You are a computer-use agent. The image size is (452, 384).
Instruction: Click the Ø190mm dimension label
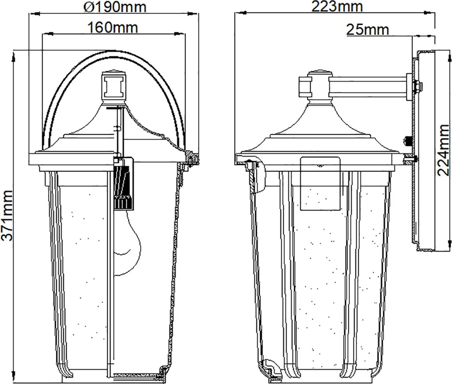coord(115,7)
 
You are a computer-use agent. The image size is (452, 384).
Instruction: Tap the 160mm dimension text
coord(113,27)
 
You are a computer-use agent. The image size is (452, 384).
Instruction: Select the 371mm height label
coord(7,216)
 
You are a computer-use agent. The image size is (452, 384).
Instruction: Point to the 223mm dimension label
coord(337,6)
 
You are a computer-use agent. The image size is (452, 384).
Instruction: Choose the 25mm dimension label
coord(367,29)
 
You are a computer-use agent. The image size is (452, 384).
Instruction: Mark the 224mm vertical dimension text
coord(443,150)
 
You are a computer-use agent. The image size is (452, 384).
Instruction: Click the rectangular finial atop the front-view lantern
coord(113,86)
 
